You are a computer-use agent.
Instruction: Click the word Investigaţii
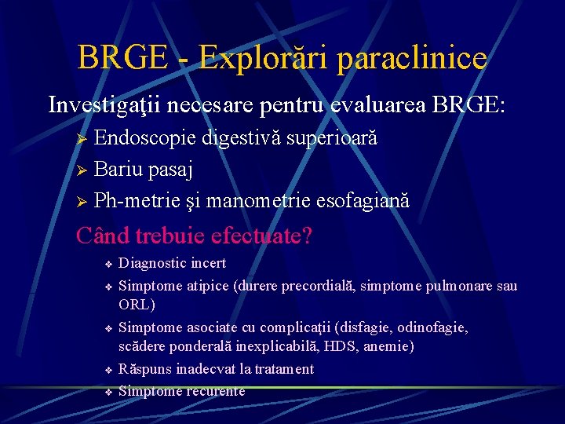(104, 104)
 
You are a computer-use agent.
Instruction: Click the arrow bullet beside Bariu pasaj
(80, 170)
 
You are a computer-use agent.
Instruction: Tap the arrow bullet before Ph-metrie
(80, 202)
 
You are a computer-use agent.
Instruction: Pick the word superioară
(332, 138)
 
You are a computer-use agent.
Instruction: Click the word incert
(207, 263)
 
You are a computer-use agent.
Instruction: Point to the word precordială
(310, 286)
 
